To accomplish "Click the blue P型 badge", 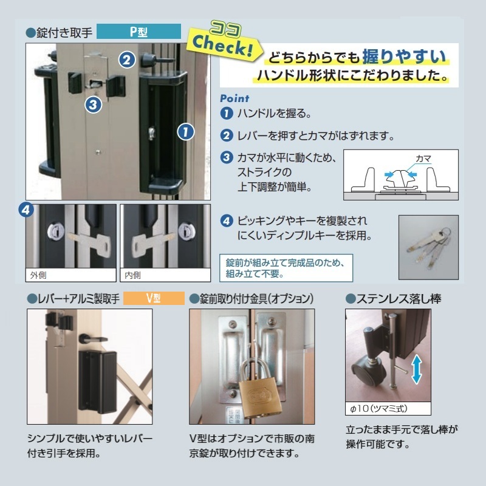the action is coord(139,32).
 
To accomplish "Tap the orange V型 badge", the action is coord(154,298).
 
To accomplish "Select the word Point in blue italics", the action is coord(234,98).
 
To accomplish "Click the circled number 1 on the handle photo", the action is coord(186,132).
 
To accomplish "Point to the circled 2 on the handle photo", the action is coord(127,60).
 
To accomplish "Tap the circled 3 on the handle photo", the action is coord(94,104).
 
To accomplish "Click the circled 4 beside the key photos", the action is coord(26,210).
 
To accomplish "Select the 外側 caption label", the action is coord(38,275).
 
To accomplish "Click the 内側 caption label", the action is coord(132,275).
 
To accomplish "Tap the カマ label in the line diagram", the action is coord(423,159).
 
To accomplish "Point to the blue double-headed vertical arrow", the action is coord(417,369).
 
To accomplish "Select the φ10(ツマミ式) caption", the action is coord(378,408).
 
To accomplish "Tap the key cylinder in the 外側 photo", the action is coord(56,231).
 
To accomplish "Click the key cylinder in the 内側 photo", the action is coord(187,231).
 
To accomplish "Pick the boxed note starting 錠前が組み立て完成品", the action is coord(286,268).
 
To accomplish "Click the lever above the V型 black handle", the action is coord(93,338).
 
